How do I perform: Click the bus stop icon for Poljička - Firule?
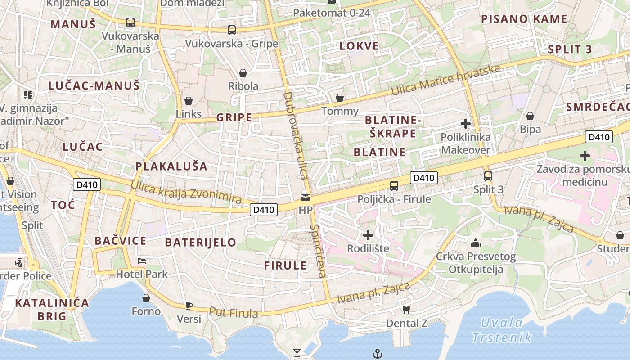pyautogui.click(x=394, y=185)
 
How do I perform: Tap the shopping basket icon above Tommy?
pyautogui.click(x=340, y=98)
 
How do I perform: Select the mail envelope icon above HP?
pyautogui.click(x=306, y=197)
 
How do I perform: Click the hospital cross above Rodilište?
pyautogui.click(x=368, y=235)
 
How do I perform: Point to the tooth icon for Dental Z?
pyautogui.click(x=406, y=310)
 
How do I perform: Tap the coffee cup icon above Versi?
pyautogui.click(x=189, y=306)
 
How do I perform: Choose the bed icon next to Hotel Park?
pyautogui.click(x=142, y=261)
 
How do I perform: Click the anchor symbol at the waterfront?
pyautogui.click(x=378, y=354)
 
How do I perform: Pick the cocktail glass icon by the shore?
pyautogui.click(x=297, y=352)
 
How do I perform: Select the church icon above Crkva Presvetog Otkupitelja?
pyautogui.click(x=476, y=243)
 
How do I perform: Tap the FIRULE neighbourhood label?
pyautogui.click(x=285, y=265)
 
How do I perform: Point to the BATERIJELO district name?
pyautogui.click(x=200, y=243)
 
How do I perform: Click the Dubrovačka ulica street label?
pyautogui.click(x=296, y=135)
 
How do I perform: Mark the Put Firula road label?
pyautogui.click(x=233, y=312)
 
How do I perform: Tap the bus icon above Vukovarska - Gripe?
pyautogui.click(x=232, y=30)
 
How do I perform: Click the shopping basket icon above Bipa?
pyautogui.click(x=530, y=116)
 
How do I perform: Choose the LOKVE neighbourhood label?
pyautogui.click(x=359, y=46)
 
